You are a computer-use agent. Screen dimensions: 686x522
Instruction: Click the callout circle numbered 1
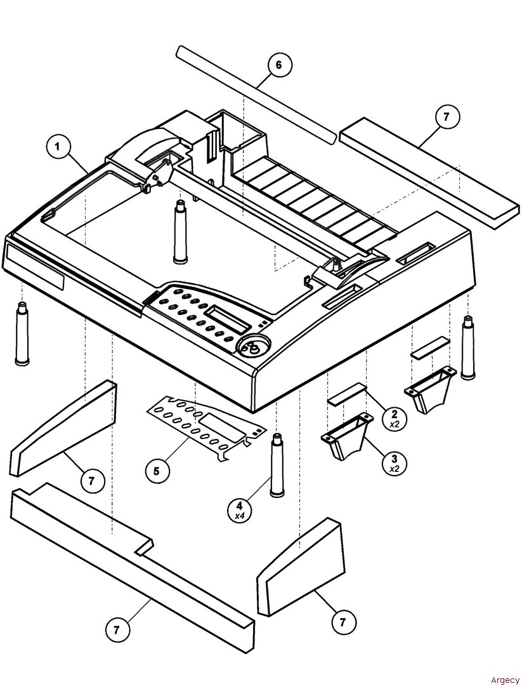coord(58,147)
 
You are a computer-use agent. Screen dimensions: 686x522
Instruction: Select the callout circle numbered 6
coord(279,65)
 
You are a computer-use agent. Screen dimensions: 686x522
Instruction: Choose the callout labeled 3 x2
coord(395,461)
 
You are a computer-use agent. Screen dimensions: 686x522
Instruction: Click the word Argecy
coord(504,680)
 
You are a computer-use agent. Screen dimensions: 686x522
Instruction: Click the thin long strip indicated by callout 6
coord(256,95)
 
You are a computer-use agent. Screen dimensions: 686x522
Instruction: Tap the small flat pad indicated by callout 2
coord(347,393)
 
